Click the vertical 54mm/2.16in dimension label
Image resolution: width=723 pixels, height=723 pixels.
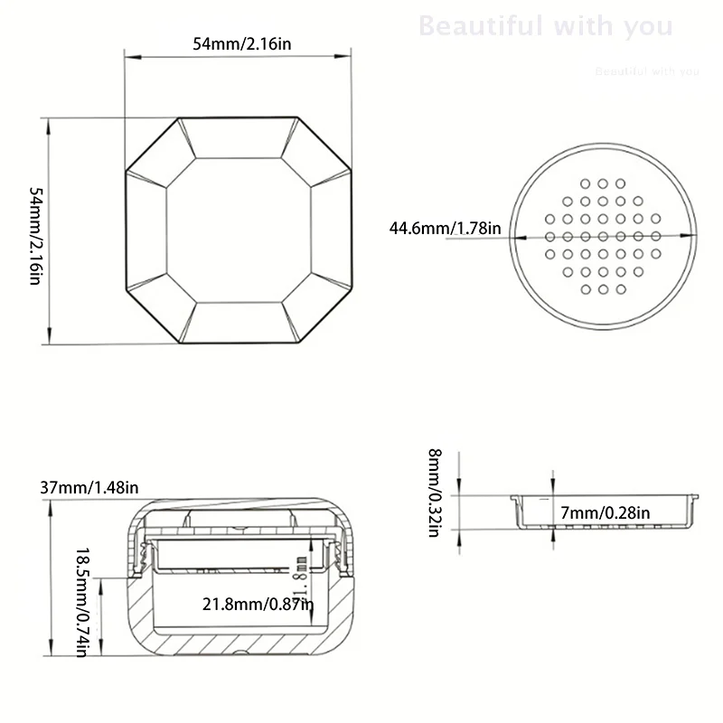pos(35,237)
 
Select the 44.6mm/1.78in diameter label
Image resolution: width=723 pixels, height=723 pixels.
pos(445,228)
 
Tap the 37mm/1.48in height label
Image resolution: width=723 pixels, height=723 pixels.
pos(89,488)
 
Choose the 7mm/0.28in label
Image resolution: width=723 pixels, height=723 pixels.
pos(605,513)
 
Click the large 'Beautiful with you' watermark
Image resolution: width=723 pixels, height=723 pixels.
pos(546,26)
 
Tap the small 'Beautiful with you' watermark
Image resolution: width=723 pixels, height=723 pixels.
pos(647,71)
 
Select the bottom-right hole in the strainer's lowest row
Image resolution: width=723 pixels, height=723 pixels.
pos(621,289)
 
